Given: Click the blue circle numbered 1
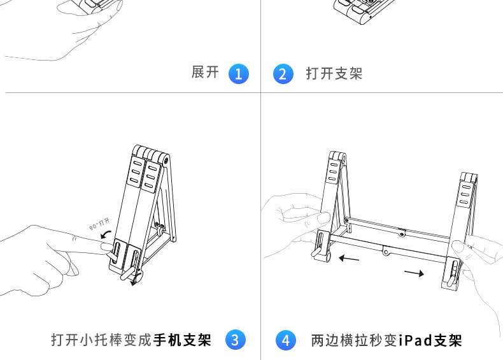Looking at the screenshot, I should [238, 73].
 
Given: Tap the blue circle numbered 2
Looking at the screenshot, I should [283, 73].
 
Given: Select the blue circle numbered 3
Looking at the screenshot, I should [236, 340].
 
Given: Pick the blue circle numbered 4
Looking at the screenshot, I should [285, 340].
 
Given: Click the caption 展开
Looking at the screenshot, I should [205, 73].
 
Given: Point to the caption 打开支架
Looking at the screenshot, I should [334, 73].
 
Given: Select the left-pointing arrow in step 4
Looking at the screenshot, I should [349, 259].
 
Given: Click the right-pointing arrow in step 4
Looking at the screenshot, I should [414, 273].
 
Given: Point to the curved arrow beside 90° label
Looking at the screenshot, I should [105, 235].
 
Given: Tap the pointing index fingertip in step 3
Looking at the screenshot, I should [110, 248].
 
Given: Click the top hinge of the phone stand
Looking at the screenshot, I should [153, 154].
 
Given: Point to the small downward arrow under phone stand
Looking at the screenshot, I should [133, 282].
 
